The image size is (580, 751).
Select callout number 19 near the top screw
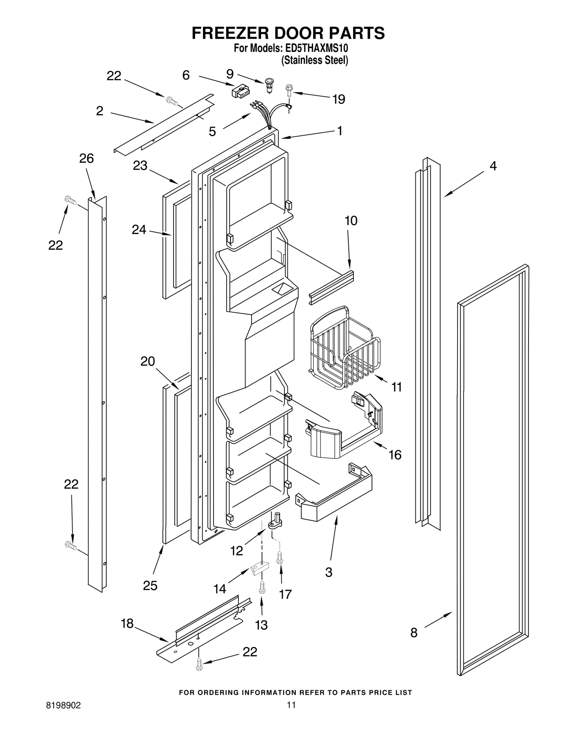click(339, 99)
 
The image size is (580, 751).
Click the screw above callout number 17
click(279, 558)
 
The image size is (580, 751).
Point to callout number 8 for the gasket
click(414, 633)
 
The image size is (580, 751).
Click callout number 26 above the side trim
click(87, 158)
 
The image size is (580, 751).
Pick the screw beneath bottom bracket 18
click(199, 664)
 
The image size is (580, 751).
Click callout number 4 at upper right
click(493, 166)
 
